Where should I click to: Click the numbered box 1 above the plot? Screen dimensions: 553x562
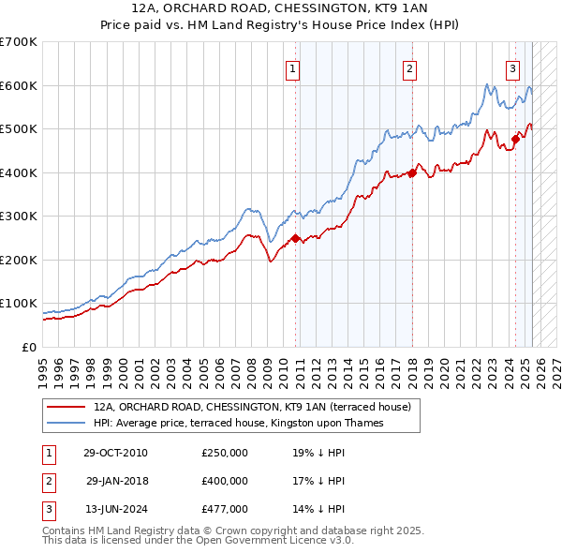point(293,67)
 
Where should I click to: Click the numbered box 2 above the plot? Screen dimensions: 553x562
point(410,67)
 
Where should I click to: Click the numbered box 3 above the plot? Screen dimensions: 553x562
point(512,67)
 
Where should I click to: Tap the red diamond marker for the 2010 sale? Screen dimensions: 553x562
point(296,238)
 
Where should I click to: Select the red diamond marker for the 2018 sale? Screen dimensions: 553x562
point(412,172)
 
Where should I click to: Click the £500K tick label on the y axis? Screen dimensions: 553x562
point(19,128)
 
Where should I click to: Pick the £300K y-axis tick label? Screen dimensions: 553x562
point(19,216)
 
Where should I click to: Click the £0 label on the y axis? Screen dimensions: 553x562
point(28,347)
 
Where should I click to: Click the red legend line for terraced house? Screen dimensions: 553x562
point(66,408)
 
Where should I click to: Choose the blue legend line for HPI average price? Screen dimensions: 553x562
point(66,423)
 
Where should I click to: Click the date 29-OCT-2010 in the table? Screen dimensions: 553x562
point(115,453)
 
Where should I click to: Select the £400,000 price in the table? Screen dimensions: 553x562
point(225,481)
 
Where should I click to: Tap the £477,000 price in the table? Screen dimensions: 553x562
point(225,509)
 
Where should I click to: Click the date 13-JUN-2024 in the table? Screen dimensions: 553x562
point(115,509)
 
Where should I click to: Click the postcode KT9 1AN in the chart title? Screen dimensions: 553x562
point(397,8)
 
